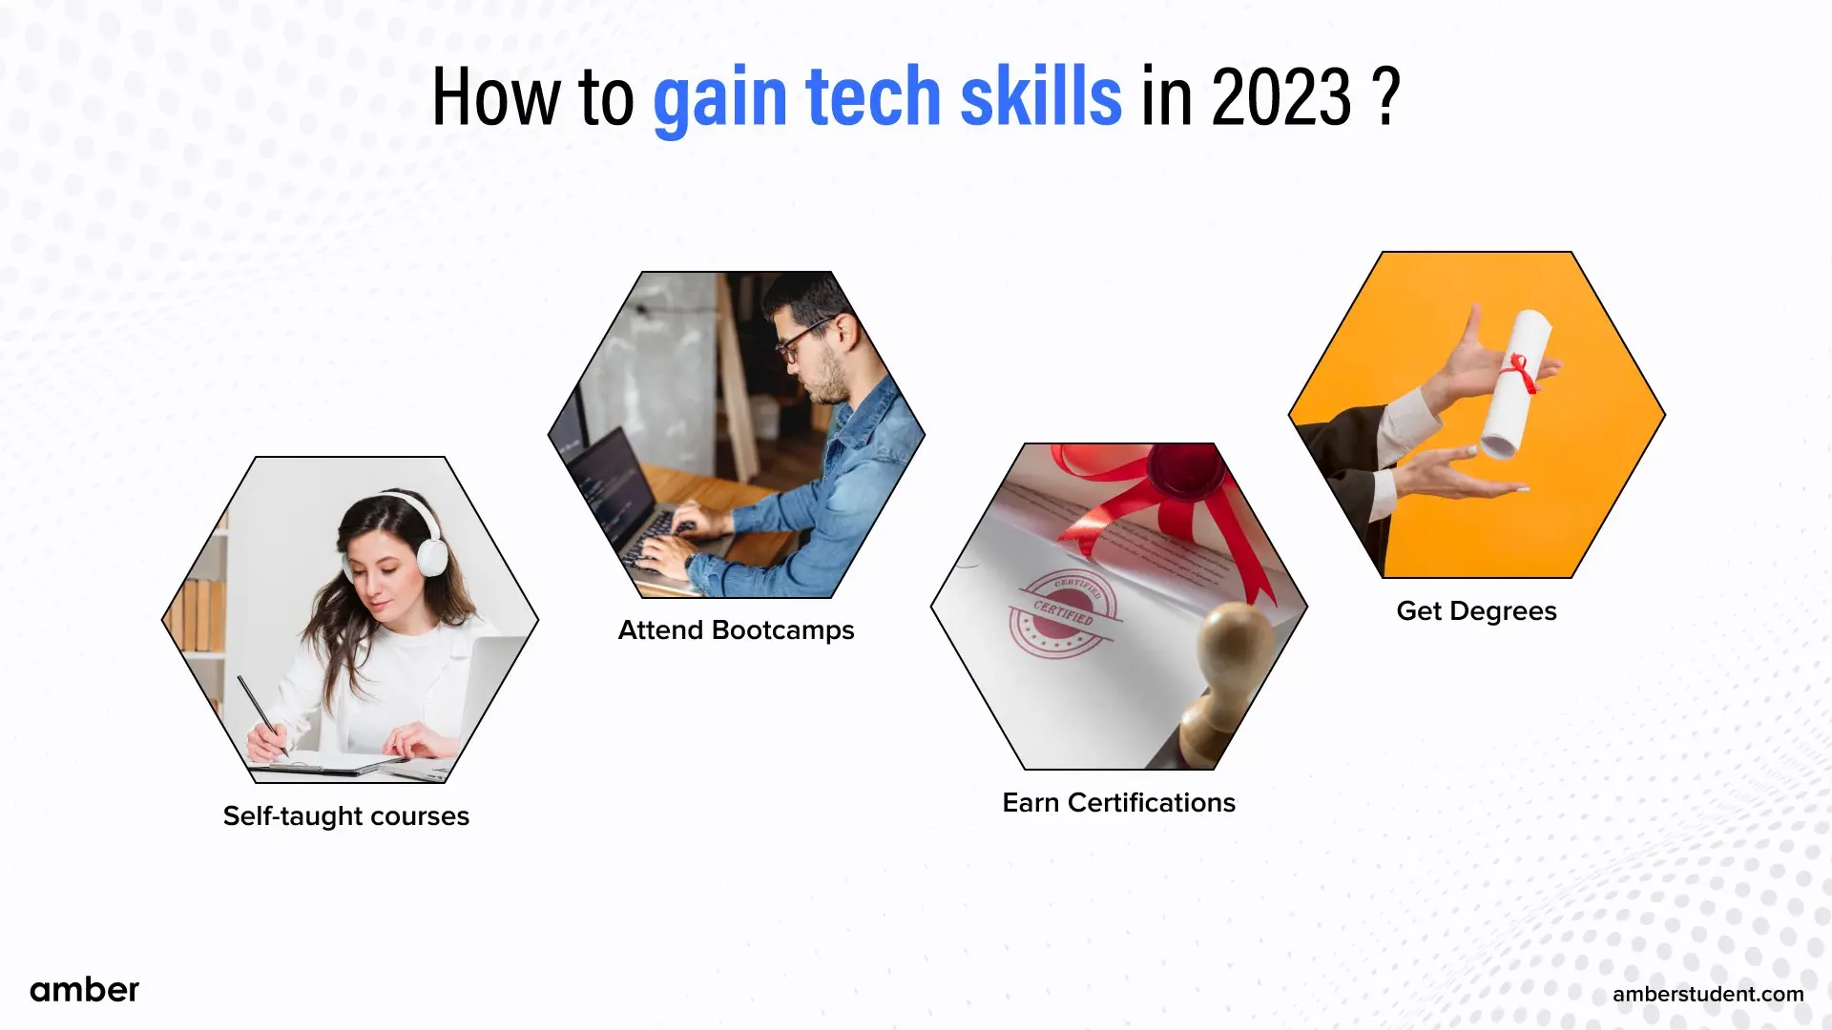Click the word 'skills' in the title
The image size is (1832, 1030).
click(x=1040, y=97)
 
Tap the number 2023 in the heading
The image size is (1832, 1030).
click(x=1281, y=97)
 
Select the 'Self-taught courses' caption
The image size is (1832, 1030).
click(x=345, y=816)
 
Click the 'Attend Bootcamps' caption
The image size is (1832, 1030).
click(x=736, y=630)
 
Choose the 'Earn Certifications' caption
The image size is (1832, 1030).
click(x=1118, y=803)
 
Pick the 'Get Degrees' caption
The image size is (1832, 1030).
click(x=1476, y=611)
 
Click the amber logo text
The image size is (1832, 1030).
click(x=84, y=990)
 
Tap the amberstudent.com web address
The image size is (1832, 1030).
click(x=1708, y=994)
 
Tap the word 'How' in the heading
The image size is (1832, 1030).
click(x=494, y=97)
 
